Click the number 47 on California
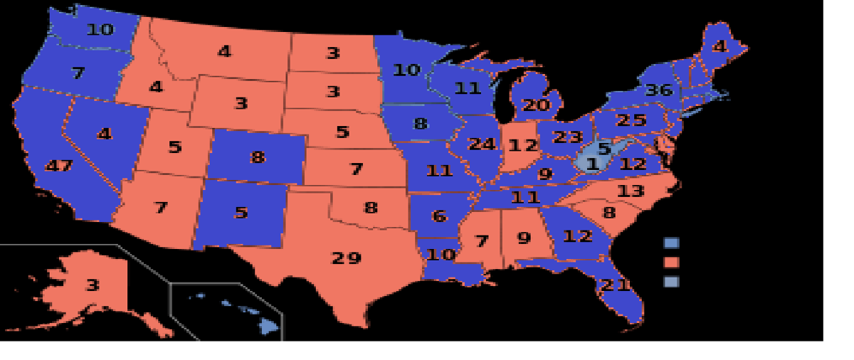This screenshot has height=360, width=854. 58,166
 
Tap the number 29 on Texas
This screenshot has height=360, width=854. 347,258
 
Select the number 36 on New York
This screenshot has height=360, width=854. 658,90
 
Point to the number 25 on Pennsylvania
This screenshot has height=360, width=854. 631,120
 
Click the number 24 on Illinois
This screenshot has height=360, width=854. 482,144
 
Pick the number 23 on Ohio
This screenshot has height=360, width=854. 567,136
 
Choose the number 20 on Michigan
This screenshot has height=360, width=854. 537,105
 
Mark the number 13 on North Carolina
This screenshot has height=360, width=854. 631,190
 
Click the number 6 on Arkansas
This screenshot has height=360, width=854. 439,216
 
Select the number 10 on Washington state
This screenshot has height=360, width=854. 100,29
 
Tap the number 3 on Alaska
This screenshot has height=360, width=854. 92,285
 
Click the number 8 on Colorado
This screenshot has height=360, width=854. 258,157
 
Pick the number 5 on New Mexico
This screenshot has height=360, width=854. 241,212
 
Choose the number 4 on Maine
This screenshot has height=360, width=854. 719,47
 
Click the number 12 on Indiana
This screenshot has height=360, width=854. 522,146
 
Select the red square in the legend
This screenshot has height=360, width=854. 671,263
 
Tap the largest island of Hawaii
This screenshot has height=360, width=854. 268,326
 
